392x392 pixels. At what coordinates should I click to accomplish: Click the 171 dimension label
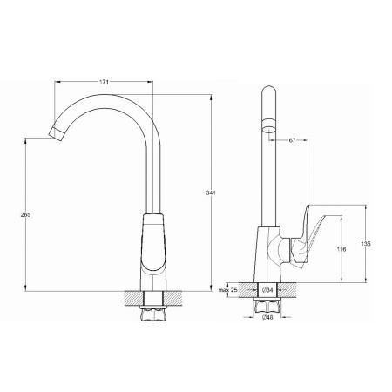click(x=104, y=82)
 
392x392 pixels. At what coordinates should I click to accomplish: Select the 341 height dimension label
click(x=211, y=193)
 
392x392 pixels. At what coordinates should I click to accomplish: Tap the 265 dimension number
click(x=25, y=215)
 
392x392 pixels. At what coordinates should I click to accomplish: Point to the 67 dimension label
click(x=292, y=140)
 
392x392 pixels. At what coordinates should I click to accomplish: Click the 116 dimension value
click(x=341, y=249)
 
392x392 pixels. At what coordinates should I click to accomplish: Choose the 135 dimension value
click(x=366, y=244)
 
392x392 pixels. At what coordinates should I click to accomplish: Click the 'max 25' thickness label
click(x=228, y=290)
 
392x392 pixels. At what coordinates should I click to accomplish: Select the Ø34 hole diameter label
click(x=267, y=290)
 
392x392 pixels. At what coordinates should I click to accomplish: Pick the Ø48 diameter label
click(x=267, y=318)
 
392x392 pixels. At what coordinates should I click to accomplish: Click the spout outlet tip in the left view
click(x=57, y=134)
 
